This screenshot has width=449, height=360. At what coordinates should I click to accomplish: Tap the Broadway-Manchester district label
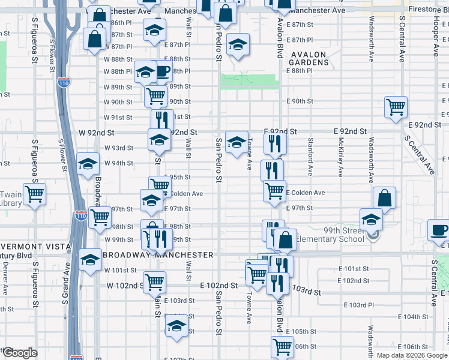point(158,255)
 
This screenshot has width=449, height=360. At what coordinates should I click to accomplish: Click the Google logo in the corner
point(19,353)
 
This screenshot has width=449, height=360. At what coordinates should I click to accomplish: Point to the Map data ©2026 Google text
point(412,355)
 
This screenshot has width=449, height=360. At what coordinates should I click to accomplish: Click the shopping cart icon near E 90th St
point(396,107)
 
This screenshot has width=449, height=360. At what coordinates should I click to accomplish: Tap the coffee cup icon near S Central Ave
point(438,229)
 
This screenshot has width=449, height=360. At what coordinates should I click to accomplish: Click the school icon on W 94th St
point(88,163)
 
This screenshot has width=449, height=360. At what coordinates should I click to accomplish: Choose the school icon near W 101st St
point(90,259)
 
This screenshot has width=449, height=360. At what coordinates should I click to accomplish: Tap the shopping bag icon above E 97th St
point(384,197)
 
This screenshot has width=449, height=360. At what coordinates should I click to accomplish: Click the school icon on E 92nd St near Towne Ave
point(237,142)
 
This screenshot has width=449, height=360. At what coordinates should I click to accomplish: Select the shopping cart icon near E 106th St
point(282,346)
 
